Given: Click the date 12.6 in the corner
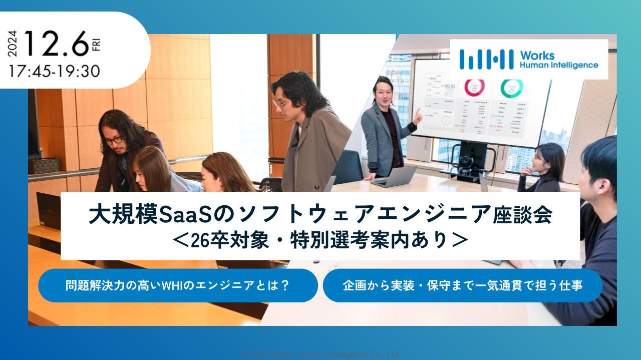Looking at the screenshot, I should [55, 44].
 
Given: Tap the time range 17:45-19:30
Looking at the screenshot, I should [54, 71].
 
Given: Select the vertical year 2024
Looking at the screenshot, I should [13, 44].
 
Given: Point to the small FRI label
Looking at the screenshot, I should [97, 44].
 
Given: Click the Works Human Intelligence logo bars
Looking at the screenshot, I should [486, 59].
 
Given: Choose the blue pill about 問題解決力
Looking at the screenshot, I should [178, 285].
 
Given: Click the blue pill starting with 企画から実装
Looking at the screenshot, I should [462, 285].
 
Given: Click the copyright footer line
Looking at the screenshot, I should [320, 354].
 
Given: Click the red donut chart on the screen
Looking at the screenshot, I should [474, 87].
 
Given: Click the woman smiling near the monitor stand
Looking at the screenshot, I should [541, 162].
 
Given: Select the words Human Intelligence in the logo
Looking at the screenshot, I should [558, 65].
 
